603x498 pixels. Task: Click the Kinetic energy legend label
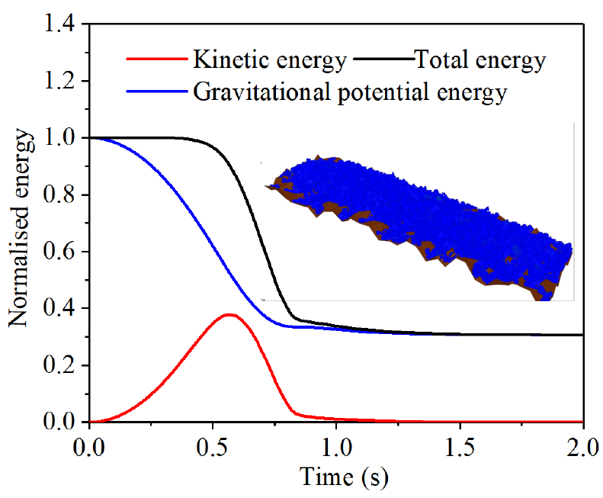(271, 59)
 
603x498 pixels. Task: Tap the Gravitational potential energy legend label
(350, 93)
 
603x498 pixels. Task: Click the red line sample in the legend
(157, 59)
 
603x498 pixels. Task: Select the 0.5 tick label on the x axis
(213, 443)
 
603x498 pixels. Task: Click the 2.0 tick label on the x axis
(582, 443)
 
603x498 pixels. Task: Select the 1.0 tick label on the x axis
(337, 443)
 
